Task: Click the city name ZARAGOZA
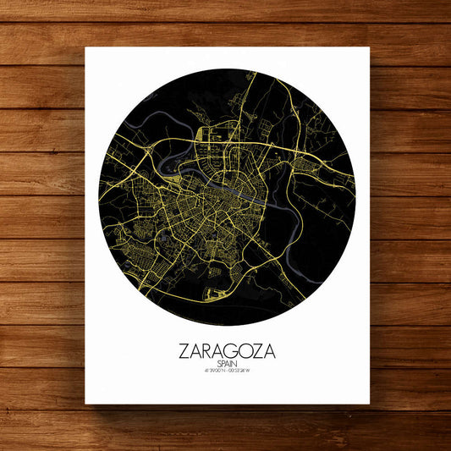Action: tap(228, 349)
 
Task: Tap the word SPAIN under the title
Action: tap(228, 363)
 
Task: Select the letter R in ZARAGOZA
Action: tap(206, 349)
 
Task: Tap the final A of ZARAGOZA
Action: tap(270, 349)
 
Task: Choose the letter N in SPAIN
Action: tap(237, 363)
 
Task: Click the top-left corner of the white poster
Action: tap(85, 48)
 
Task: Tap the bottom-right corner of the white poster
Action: tap(370, 404)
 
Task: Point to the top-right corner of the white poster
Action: tap(370, 48)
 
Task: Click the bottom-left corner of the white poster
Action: tap(85, 404)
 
